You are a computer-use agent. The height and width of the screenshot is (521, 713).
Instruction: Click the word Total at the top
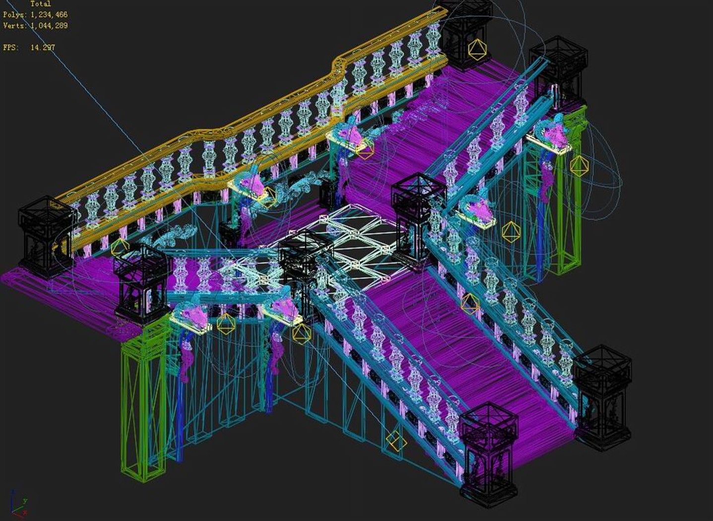[40, 4]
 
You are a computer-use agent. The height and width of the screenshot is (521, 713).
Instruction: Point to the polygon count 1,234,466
[49, 15]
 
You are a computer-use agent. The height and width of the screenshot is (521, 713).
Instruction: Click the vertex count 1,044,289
[49, 25]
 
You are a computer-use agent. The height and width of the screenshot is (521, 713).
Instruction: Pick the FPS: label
[11, 48]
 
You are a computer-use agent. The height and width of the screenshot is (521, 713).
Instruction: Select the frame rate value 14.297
[43, 48]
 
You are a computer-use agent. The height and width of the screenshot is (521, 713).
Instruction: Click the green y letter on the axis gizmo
[25, 501]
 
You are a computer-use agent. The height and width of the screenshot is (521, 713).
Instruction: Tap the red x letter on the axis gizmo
[25, 513]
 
